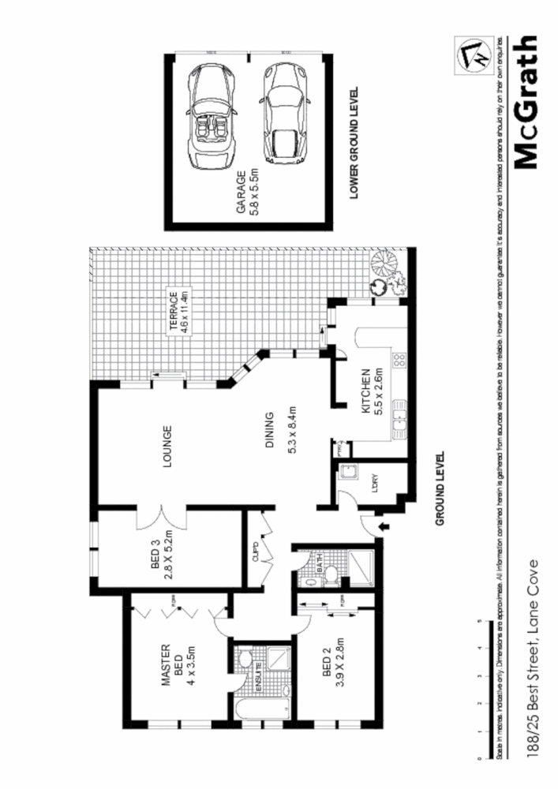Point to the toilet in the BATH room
point(331,574)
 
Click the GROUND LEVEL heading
point(440,489)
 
